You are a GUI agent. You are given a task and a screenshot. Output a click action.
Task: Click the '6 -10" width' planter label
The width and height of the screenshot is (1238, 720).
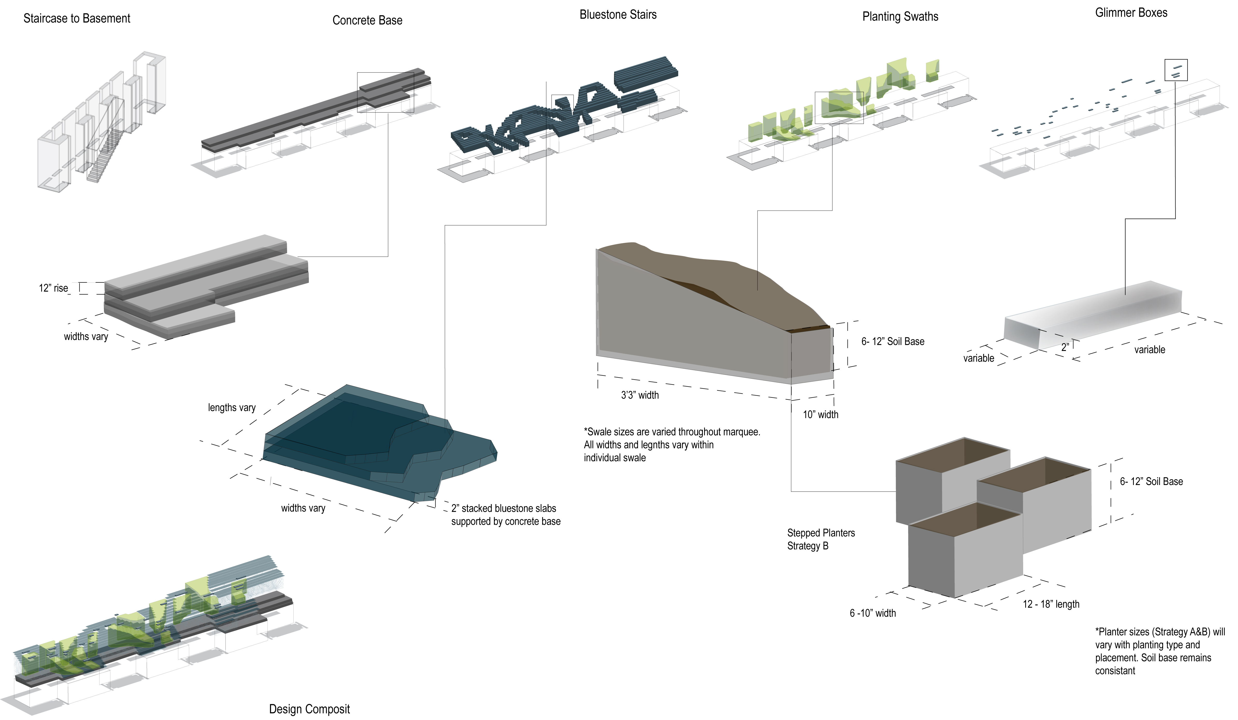[x=873, y=613]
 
